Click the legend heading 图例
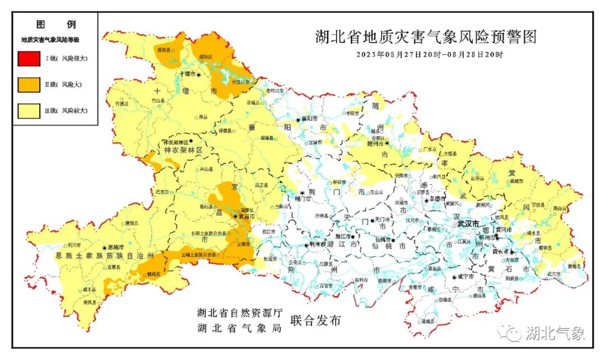[x=56, y=25]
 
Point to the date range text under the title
[x=430, y=55]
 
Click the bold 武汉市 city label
[x=468, y=224]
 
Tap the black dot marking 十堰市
[x=198, y=74]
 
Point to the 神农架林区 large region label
[x=183, y=151]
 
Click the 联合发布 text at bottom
[x=315, y=321]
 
